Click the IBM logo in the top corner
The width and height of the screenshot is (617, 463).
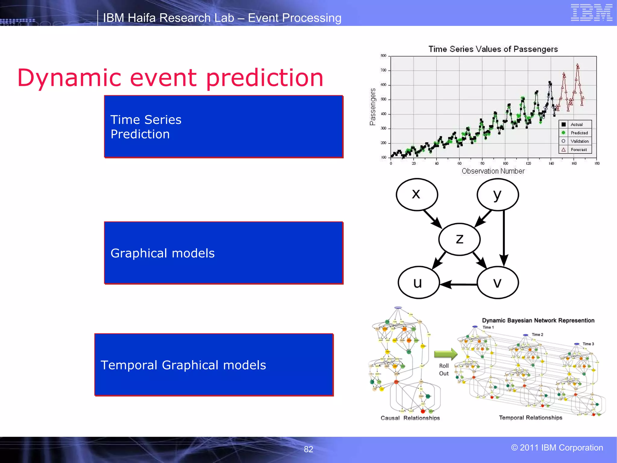[x=591, y=13]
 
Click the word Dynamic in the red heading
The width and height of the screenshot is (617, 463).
[x=69, y=78]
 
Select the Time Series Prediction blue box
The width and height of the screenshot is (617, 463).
[x=224, y=127]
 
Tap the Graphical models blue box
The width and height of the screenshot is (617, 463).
[x=224, y=253]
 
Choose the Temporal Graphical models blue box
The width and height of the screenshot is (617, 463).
[x=214, y=365]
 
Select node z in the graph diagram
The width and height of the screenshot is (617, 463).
[x=459, y=239]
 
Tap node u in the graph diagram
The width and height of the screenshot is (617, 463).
[x=418, y=282]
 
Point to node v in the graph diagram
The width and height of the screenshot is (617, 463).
[x=498, y=282]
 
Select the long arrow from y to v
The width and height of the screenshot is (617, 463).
[x=504, y=238]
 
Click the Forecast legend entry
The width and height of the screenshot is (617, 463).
[x=578, y=150]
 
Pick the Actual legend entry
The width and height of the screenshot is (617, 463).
[x=576, y=124]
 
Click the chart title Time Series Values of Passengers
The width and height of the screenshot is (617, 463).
[x=493, y=49]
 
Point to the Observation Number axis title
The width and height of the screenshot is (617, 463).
[x=493, y=171]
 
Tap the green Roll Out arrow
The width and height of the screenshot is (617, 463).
[x=446, y=354]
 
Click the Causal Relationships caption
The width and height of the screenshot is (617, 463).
[x=410, y=418]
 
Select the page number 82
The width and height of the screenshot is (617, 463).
[x=308, y=449]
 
